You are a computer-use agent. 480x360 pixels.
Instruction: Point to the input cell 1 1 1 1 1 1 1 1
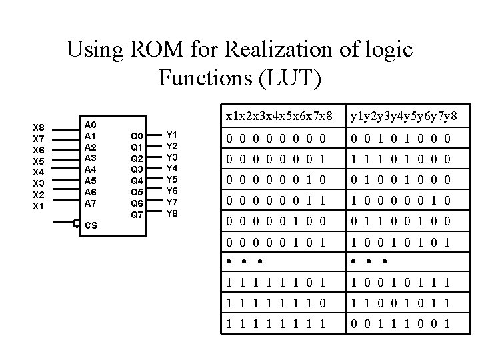coord(275,325)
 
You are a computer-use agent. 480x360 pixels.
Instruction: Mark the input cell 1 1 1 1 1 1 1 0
coord(275,303)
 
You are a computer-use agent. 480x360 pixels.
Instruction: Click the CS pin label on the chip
coord(90,225)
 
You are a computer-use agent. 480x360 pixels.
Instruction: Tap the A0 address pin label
coord(90,125)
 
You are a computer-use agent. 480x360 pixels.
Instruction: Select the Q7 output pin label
coord(136,214)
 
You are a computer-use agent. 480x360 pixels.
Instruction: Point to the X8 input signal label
coord(39,127)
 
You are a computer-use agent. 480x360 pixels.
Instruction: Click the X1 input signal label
coord(39,206)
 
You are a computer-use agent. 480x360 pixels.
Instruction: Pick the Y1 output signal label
coord(171,135)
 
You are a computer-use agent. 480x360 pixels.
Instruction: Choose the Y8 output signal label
coord(171,213)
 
